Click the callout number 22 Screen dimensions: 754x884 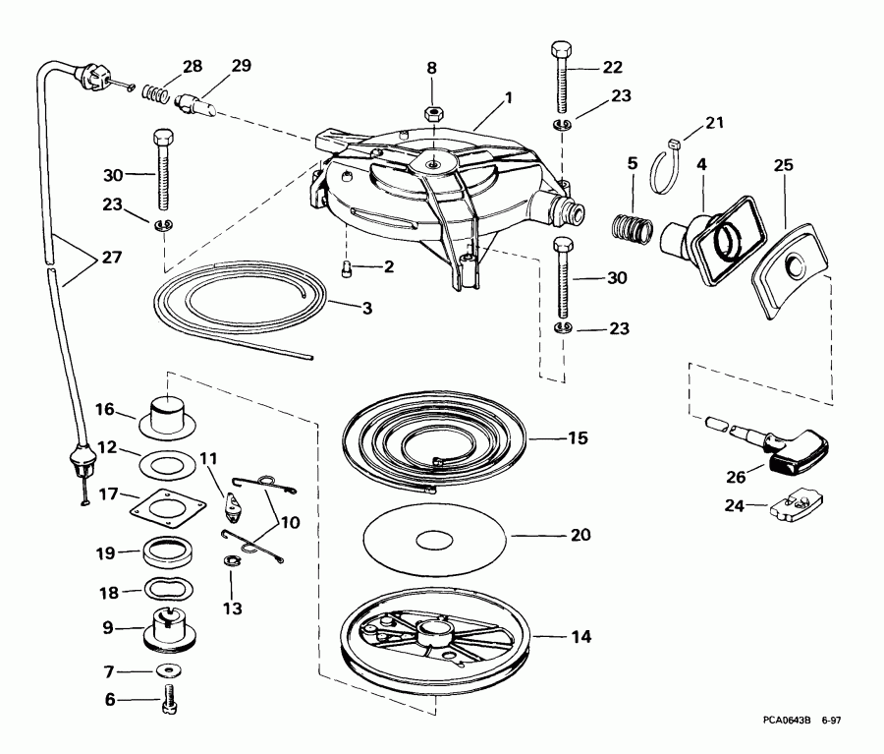point(612,68)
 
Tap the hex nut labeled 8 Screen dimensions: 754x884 point(431,113)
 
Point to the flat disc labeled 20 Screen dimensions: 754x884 point(434,539)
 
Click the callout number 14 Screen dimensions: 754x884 point(581,637)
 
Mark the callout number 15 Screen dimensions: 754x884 point(577,437)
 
